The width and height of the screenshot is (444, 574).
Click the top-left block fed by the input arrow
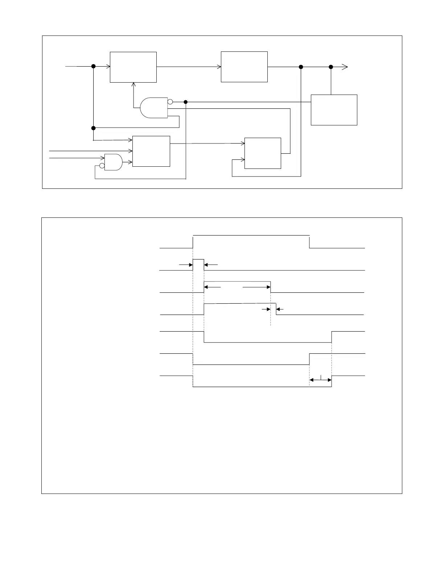[133, 67]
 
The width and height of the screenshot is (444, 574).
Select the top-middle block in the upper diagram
[244, 67]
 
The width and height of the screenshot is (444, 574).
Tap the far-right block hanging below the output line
[334, 110]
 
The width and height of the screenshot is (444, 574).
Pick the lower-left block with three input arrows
[151, 151]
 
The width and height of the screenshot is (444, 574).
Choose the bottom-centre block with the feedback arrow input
[263, 153]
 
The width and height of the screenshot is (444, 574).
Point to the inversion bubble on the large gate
[170, 102]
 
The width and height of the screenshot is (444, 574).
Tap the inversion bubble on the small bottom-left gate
[102, 166]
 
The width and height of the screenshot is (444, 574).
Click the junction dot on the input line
[93, 66]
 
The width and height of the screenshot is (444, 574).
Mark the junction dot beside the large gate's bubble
[186, 102]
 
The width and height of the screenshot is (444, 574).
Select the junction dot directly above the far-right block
[331, 67]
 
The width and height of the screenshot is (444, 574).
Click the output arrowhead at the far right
[345, 67]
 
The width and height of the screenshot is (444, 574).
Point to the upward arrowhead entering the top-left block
[133, 85]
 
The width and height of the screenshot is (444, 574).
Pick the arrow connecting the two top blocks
[189, 67]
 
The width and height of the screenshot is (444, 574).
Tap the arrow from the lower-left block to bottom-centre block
[207, 143]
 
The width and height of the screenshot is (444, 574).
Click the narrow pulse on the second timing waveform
[198, 265]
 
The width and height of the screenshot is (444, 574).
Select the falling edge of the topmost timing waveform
[309, 242]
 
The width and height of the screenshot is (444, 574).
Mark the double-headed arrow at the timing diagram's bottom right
[320, 380]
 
